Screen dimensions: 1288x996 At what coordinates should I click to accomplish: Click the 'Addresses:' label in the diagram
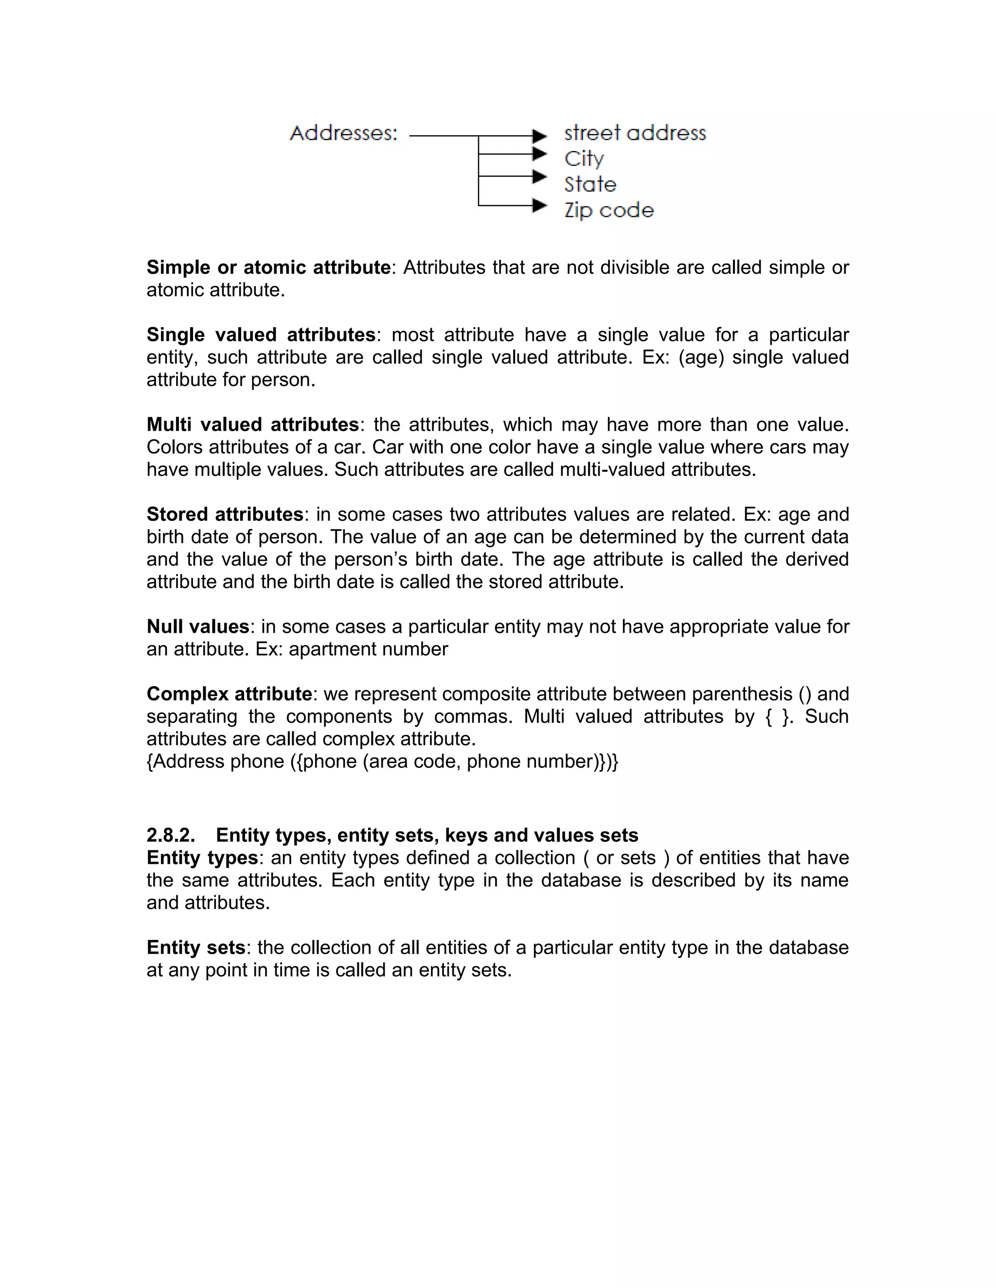[343, 133]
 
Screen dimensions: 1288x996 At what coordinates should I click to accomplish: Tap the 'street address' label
[635, 133]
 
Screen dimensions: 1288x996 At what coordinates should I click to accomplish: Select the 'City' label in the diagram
[584, 158]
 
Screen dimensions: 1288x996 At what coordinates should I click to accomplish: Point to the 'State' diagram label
[590, 185]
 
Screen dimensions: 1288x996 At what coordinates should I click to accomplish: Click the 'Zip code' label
[609, 210]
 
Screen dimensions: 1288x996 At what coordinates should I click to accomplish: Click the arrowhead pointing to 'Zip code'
[539, 206]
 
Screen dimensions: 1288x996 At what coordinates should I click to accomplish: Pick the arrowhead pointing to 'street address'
[539, 136]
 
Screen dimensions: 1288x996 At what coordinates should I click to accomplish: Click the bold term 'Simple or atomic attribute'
[268, 268]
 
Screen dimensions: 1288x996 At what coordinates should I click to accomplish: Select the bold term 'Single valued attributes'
[261, 335]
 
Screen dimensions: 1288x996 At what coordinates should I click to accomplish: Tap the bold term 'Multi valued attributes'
[252, 425]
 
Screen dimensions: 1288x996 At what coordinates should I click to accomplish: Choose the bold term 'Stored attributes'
[225, 514]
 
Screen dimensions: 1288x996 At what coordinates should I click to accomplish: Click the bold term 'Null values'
[197, 627]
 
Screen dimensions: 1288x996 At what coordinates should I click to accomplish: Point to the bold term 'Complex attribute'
[229, 694]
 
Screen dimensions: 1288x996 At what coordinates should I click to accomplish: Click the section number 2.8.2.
[171, 835]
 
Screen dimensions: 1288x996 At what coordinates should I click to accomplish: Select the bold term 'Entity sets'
[196, 947]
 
